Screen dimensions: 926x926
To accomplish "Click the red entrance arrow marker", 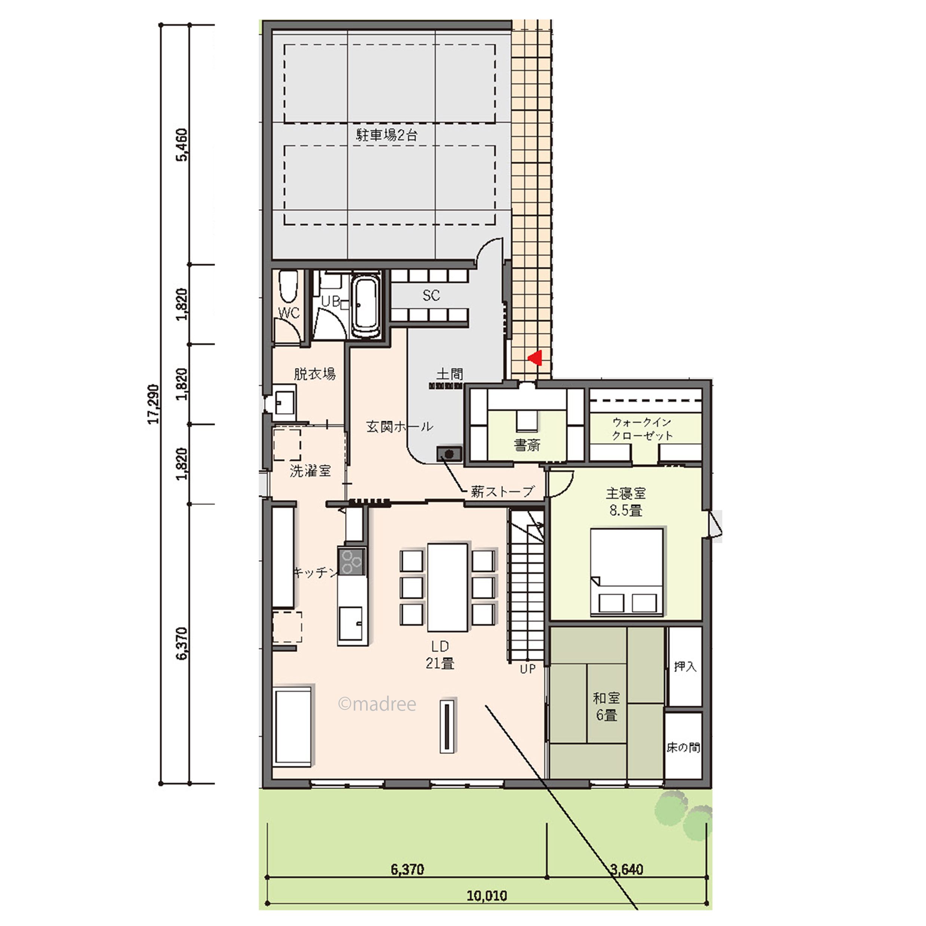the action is (536, 358).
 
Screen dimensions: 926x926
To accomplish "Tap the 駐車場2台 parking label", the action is (386, 135).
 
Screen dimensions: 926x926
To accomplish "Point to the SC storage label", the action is (431, 295).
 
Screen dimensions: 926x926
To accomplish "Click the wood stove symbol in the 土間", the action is (449, 453).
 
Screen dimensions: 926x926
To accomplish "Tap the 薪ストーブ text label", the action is (502, 492).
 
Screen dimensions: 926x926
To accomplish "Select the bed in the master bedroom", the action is (627, 572).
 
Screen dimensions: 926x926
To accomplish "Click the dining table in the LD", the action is (447, 587).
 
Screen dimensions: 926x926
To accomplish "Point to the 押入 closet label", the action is (685, 666).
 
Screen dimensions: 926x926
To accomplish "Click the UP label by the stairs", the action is (527, 669).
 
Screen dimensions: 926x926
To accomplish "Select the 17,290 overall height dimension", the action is (153, 404).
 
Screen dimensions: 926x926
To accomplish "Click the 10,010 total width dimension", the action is (487, 895).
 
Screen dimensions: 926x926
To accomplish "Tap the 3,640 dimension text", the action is (626, 869).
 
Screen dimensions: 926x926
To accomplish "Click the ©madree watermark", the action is (377, 704).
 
